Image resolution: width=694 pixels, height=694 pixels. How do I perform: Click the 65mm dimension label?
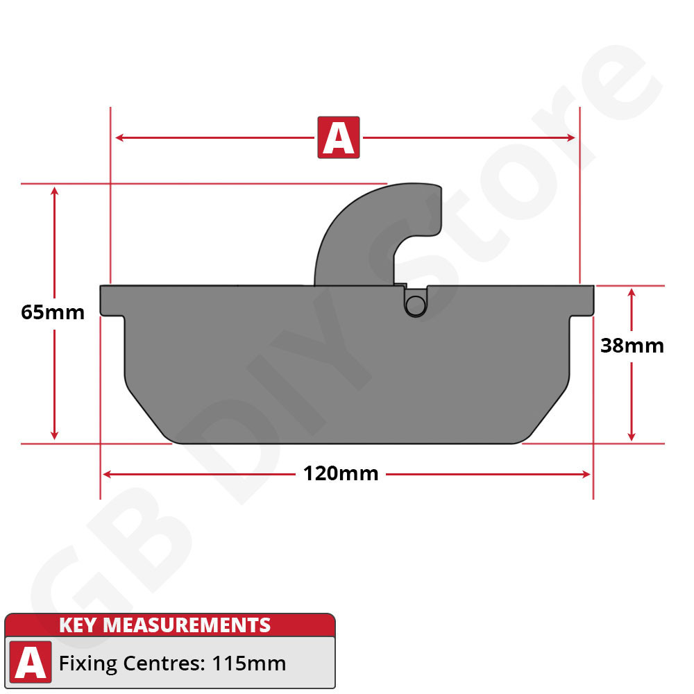tap(53, 312)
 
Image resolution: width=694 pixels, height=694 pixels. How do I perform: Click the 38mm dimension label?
tap(632, 345)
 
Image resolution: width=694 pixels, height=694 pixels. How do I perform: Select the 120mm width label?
tap(341, 474)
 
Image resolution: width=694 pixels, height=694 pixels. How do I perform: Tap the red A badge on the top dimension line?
tap(339, 137)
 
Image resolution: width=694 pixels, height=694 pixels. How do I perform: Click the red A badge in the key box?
tap(31, 663)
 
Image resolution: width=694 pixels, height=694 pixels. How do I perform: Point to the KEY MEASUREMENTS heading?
tap(164, 625)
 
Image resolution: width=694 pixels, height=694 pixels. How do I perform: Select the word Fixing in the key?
tap(88, 664)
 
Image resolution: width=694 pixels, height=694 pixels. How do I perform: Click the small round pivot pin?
tap(415, 304)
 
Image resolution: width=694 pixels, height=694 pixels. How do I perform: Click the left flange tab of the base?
tap(112, 301)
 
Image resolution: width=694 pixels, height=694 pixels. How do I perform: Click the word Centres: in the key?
tap(163, 663)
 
